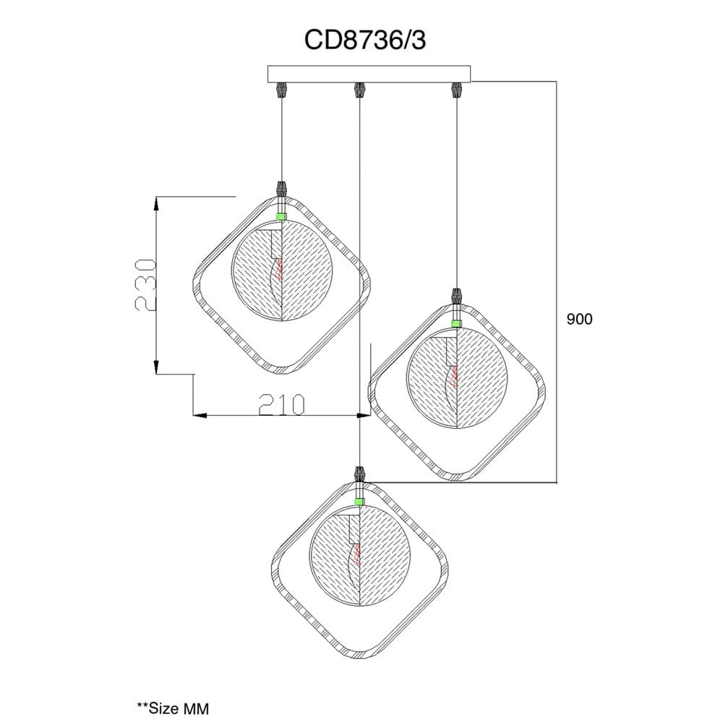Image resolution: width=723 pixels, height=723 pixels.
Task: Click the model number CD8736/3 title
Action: pos(364,40)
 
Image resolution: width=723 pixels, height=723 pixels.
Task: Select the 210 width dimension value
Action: pos(282,404)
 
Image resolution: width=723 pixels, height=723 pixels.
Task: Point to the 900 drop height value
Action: pos(580,319)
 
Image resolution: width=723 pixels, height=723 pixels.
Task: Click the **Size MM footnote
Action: pos(173,708)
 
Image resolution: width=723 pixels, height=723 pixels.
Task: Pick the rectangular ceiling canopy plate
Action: pos(369,74)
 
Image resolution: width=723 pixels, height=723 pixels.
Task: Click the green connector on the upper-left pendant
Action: pos(281,216)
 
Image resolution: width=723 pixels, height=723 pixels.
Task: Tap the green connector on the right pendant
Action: pos(456,323)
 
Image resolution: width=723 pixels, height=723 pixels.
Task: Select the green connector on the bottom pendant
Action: pos(359,501)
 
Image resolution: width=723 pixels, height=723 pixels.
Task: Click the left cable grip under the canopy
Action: pos(281,90)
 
